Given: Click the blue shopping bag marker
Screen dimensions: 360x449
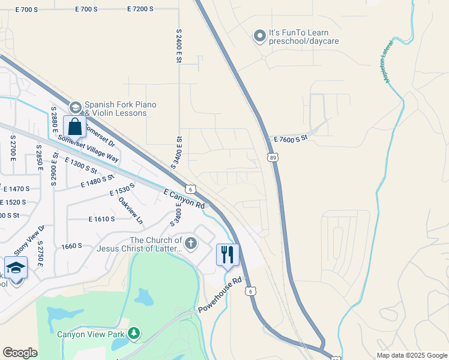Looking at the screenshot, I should [74, 127].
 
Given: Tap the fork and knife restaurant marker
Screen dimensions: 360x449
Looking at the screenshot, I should [228, 254].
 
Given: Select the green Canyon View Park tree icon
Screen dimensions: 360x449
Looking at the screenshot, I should [134, 332].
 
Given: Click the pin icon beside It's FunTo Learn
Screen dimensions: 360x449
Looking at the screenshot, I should [259, 37].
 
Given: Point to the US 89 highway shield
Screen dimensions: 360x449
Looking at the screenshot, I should [273, 157].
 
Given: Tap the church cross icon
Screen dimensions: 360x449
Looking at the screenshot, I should [191, 244].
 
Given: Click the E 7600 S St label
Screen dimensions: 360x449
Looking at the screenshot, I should [290, 138].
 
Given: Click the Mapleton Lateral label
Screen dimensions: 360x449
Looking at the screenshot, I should [386, 62].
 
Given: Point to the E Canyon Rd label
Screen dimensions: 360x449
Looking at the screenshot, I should [184, 198].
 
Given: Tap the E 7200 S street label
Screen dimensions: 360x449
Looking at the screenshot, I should [140, 10].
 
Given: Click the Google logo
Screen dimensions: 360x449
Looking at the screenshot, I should [20, 353].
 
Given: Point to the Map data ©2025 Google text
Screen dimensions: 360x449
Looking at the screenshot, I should [412, 355].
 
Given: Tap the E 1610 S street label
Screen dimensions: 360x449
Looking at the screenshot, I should [101, 220].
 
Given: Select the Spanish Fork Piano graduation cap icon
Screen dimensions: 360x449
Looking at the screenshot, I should [75, 108].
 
